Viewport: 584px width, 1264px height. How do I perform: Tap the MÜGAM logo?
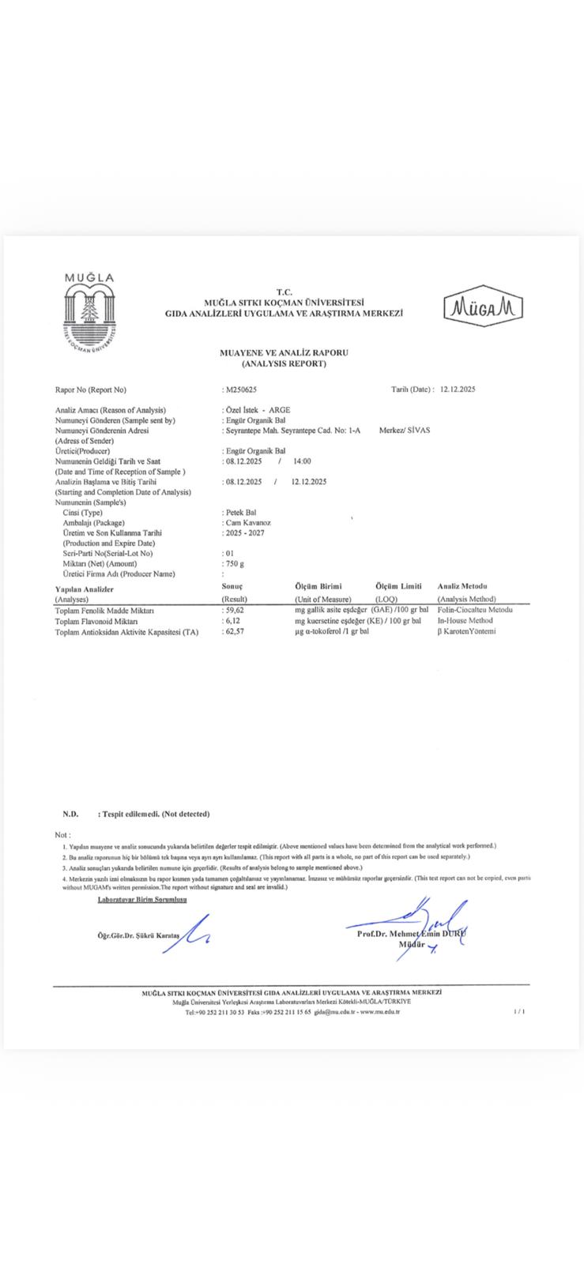click(x=484, y=305)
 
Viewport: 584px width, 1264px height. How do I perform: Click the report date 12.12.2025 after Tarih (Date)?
click(x=458, y=389)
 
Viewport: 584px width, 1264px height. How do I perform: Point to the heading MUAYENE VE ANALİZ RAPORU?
click(x=284, y=353)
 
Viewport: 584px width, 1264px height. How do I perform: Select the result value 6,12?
click(x=232, y=621)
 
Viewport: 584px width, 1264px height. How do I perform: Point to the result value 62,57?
click(x=235, y=631)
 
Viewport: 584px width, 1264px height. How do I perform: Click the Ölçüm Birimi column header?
click(x=318, y=586)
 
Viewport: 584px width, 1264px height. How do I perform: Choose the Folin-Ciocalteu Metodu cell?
click(x=474, y=611)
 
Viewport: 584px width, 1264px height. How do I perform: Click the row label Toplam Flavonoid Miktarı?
click(x=97, y=621)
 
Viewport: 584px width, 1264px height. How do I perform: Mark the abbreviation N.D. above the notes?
click(x=70, y=814)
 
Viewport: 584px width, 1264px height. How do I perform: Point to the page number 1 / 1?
click(x=519, y=1011)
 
